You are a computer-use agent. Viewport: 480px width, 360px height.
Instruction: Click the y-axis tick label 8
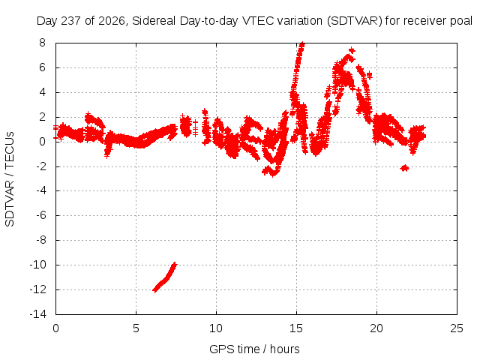[42, 43]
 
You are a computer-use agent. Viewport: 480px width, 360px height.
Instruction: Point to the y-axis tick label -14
[38, 314]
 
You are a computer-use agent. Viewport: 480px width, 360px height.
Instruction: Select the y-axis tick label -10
[38, 265]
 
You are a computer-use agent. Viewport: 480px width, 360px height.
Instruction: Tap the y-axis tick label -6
[40, 215]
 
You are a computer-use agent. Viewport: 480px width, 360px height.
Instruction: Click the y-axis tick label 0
[42, 142]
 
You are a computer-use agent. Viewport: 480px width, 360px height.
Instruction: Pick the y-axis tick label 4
[42, 92]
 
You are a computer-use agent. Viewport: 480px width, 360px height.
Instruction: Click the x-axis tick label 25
[457, 328]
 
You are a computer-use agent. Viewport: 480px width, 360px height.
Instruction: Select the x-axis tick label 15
[296, 328]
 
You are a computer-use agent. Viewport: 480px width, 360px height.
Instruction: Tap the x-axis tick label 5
[136, 328]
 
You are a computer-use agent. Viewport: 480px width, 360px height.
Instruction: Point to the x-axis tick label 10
[216, 328]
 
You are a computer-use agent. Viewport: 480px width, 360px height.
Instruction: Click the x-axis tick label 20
[376, 328]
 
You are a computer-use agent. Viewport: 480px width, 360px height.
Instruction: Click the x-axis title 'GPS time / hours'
[254, 349]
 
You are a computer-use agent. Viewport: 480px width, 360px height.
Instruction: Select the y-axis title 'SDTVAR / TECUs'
[10, 179]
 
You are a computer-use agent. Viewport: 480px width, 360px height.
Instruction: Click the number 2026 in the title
[112, 21]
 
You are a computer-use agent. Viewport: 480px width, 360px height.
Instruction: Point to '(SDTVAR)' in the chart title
[355, 21]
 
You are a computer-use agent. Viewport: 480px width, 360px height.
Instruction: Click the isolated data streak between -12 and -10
[165, 277]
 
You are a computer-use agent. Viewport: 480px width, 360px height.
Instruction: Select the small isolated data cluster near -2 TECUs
[405, 168]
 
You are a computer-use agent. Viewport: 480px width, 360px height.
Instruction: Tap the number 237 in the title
[71, 21]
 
